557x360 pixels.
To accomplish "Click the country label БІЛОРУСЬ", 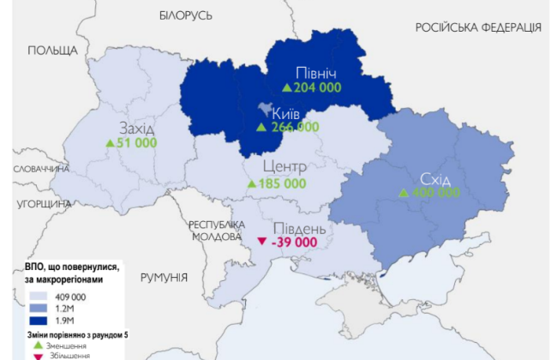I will (185, 15).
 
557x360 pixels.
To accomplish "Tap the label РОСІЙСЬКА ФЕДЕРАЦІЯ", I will (478, 27).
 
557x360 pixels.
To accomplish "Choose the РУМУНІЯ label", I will (164, 277).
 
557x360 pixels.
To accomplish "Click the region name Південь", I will (298, 228).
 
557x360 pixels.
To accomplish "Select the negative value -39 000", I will (293, 243).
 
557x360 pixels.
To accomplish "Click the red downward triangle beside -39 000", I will (262, 243).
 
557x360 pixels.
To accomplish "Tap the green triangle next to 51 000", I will (110, 143).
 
